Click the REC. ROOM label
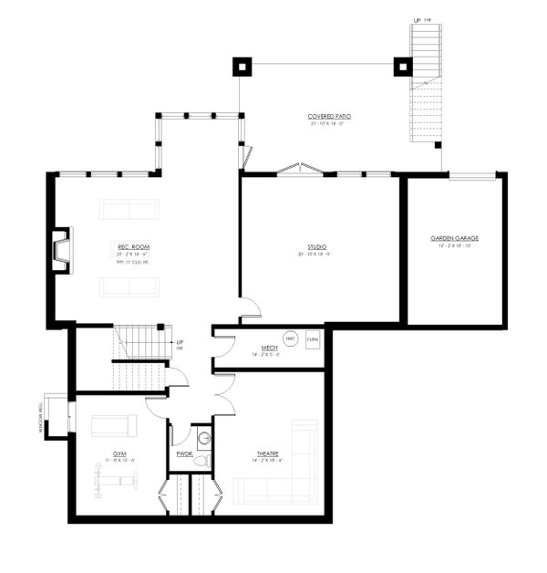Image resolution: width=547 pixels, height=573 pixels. pos(132,246)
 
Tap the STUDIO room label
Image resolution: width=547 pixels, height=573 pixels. pos(317,246)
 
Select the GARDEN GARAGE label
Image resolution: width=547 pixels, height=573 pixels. pos(454,238)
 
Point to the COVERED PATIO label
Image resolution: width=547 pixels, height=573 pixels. pos(329,117)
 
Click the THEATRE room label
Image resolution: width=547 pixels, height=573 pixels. pos(267,453)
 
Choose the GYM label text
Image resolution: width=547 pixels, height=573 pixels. pos(119,453)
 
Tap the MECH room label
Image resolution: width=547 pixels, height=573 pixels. pos(269,348)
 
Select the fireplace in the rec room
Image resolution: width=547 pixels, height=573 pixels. pos(60,249)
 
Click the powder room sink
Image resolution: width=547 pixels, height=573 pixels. pos(204,438)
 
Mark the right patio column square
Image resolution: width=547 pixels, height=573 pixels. pos(402,66)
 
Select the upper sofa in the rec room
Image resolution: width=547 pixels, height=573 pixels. pos(129,209)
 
